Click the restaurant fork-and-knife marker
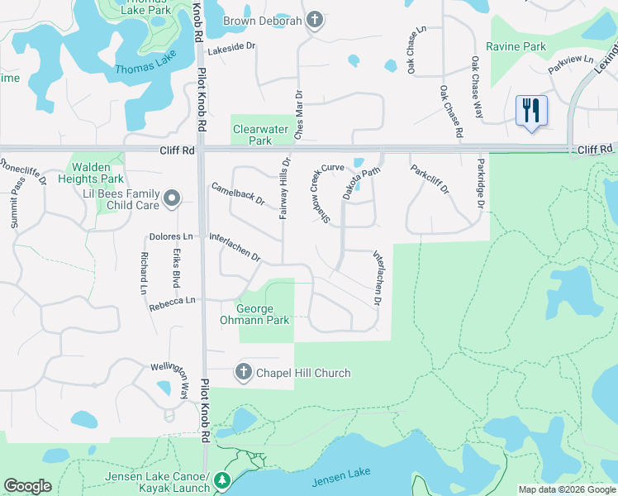(531, 110)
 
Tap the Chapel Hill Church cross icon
(244, 373)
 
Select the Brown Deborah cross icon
(314, 20)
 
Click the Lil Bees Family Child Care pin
(172, 198)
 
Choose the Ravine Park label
(516, 47)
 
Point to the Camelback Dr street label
(238, 194)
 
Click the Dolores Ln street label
(170, 237)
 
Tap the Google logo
(28, 486)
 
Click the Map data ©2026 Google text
(566, 489)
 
